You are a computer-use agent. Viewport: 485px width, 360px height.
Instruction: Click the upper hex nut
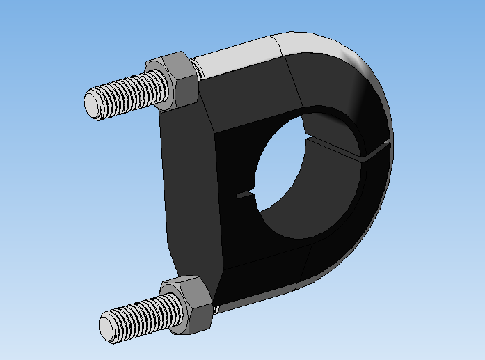[x=175, y=79]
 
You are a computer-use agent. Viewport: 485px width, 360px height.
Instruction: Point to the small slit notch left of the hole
[x=246, y=196]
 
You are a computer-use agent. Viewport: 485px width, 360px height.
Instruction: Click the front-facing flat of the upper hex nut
[x=184, y=86]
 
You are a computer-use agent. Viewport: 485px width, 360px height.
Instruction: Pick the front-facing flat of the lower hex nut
[x=197, y=312]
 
